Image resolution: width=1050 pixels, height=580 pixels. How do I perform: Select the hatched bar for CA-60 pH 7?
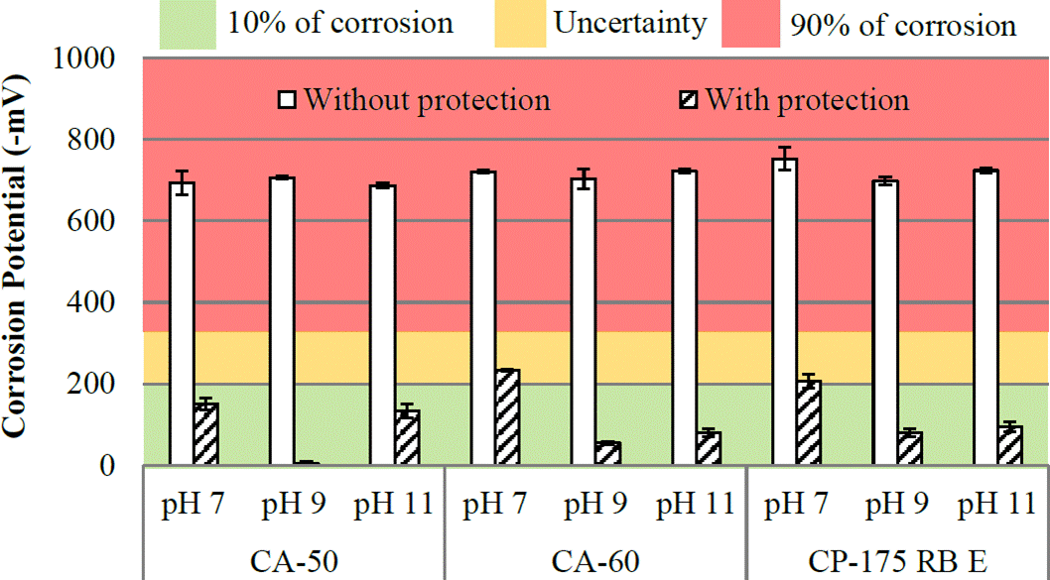click(508, 417)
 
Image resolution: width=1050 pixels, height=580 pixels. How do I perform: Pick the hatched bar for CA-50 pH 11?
click(407, 437)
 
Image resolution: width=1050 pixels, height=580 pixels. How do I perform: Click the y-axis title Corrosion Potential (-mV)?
click(17, 263)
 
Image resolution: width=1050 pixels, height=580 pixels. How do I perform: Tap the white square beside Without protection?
click(288, 100)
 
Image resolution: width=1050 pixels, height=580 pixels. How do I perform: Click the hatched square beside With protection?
click(688, 100)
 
